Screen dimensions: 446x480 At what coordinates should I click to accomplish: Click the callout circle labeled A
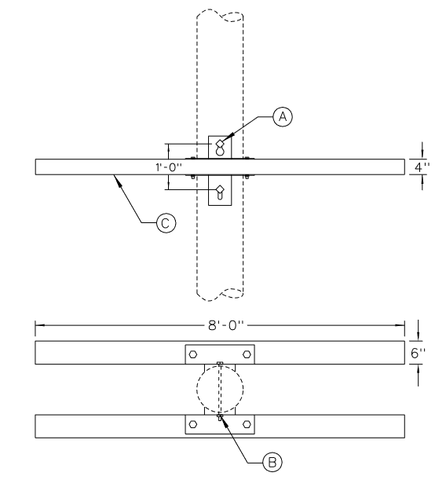pos(283,116)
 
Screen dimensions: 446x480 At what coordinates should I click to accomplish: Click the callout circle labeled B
pos(272,462)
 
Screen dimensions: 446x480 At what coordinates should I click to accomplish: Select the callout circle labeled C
pos(166,223)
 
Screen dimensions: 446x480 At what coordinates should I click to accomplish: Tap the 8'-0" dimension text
pos(226,325)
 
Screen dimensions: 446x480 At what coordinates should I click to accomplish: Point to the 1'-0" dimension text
pos(169,167)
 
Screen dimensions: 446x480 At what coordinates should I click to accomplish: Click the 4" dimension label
pos(422,167)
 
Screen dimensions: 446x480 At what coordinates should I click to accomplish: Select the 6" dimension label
pos(418,353)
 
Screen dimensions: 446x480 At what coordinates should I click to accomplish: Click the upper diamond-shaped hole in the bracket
pos(220,143)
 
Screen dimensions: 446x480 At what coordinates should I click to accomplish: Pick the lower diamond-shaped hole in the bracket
pos(220,189)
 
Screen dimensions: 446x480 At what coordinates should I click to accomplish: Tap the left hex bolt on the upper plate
pos(192,354)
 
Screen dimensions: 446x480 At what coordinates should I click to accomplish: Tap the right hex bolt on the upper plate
pos(247,354)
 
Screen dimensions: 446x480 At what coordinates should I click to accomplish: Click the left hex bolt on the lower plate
pos(192,424)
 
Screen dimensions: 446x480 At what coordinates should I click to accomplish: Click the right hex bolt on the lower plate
pos(247,424)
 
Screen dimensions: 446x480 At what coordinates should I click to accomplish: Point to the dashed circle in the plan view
pos(196,389)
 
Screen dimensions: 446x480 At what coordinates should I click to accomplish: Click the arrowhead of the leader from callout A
pos(228,137)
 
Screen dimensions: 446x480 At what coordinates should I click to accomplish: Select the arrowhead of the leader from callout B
pos(224,420)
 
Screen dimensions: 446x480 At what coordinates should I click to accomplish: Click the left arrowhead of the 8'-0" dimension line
pos(40,325)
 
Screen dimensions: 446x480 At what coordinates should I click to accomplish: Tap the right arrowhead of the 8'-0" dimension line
pos(400,325)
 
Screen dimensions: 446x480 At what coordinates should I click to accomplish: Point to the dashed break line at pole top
pos(220,14)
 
